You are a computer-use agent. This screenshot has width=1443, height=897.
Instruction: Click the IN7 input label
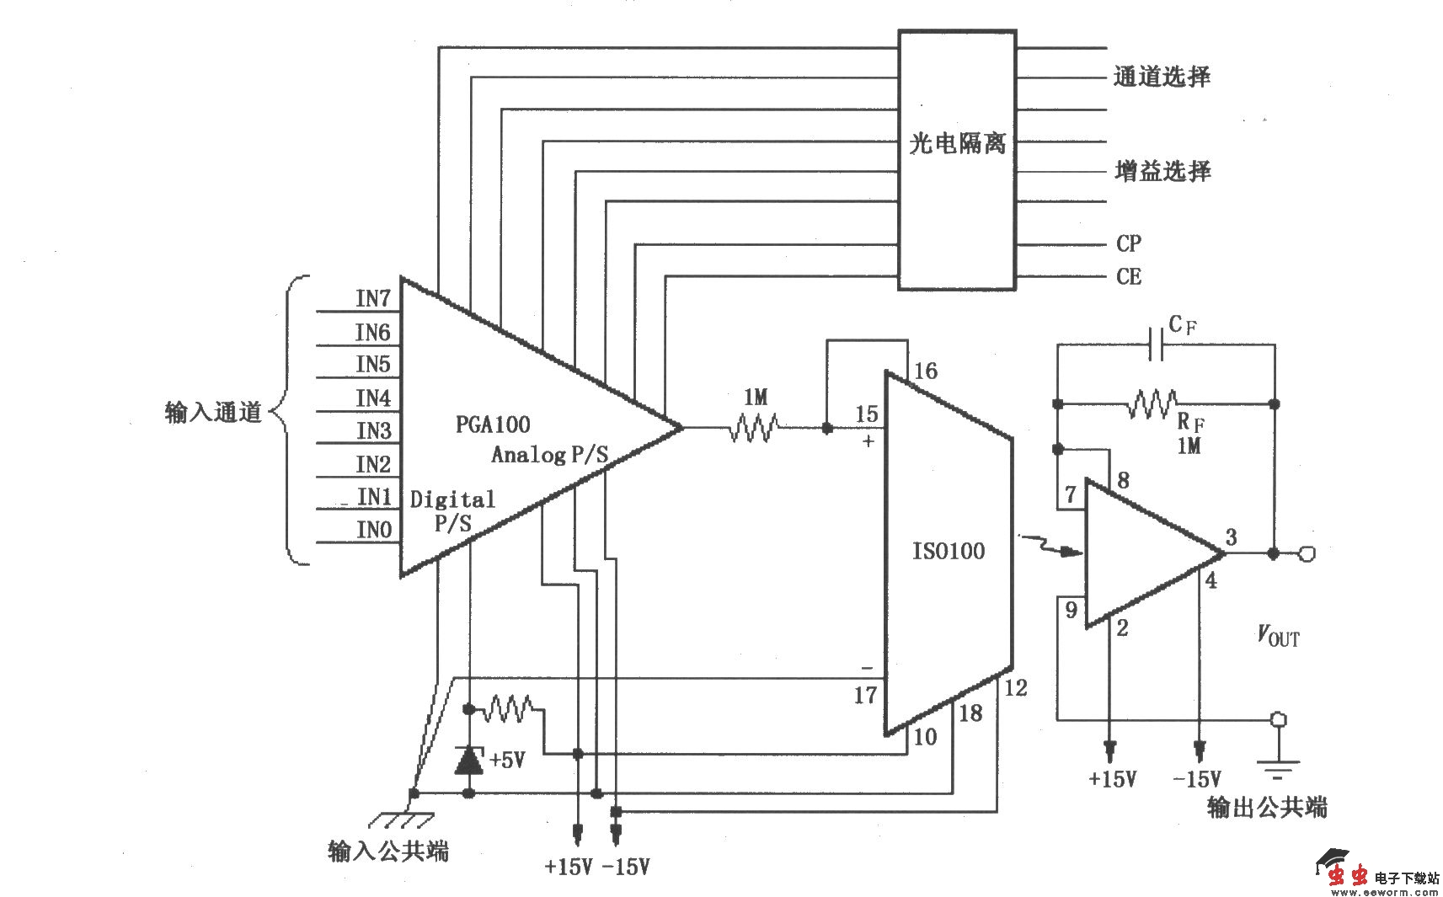pyautogui.click(x=373, y=298)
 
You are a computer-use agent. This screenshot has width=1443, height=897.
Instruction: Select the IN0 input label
pyautogui.click(x=374, y=530)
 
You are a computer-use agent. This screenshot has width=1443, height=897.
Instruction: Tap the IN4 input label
pyautogui.click(x=373, y=398)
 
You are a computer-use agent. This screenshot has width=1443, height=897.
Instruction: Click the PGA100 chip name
pyautogui.click(x=493, y=424)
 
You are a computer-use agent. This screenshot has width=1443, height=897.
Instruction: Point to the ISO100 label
pyautogui.click(x=948, y=552)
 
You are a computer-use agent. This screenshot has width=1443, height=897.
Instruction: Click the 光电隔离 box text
pyautogui.click(x=957, y=143)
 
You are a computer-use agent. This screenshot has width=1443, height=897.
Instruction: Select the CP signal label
pyautogui.click(x=1129, y=243)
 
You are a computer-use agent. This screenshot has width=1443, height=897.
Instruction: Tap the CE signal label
pyautogui.click(x=1129, y=276)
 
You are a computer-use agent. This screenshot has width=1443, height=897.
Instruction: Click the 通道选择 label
pyautogui.click(x=1162, y=77)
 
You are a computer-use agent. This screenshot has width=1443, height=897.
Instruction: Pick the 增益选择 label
pyautogui.click(x=1162, y=172)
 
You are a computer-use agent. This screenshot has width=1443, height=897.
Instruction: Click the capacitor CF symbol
pyautogui.click(x=1157, y=344)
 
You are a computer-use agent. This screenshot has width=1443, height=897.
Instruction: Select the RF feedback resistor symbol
pyautogui.click(x=1152, y=404)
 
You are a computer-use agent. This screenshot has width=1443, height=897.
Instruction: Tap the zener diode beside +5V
pyautogui.click(x=469, y=760)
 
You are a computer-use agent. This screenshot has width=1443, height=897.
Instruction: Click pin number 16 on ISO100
pyautogui.click(x=925, y=371)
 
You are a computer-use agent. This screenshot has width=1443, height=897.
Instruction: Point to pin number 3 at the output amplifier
pyautogui.click(x=1231, y=537)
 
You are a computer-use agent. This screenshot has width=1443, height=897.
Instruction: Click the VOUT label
pyautogui.click(x=1278, y=636)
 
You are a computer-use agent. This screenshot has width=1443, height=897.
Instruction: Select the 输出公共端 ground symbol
pyautogui.click(x=1278, y=766)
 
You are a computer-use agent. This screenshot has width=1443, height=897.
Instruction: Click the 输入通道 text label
pyautogui.click(x=214, y=413)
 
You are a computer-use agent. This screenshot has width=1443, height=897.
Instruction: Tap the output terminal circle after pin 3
pyautogui.click(x=1307, y=553)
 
